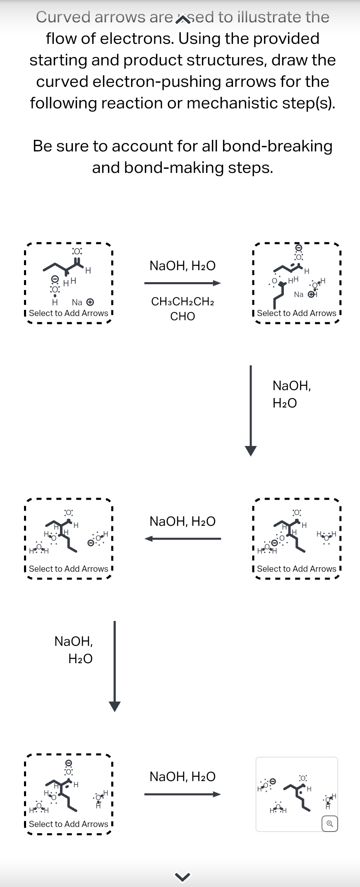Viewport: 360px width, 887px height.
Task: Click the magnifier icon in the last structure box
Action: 329,823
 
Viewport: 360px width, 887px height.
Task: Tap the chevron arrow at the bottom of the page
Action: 182,876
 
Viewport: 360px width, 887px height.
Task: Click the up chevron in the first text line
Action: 182,19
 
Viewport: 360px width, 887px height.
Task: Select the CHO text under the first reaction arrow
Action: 182,316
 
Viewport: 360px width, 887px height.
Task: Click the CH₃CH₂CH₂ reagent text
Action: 182,302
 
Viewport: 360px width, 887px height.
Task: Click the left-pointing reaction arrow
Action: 182,539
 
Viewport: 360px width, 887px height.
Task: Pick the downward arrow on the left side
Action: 115,666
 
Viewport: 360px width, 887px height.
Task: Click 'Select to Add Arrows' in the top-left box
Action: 69,313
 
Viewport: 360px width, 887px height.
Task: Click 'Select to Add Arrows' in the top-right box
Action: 297,313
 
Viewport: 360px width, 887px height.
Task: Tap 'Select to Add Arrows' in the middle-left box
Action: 69,569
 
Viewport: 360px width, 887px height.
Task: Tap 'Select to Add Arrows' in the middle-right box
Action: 297,569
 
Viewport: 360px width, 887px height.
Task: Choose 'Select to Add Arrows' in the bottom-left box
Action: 69,824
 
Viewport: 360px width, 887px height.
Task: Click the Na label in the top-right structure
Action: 298,295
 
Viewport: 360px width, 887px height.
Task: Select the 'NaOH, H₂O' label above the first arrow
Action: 182,266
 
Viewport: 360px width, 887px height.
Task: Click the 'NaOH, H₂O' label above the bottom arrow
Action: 182,777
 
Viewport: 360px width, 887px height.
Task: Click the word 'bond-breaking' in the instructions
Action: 277,146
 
